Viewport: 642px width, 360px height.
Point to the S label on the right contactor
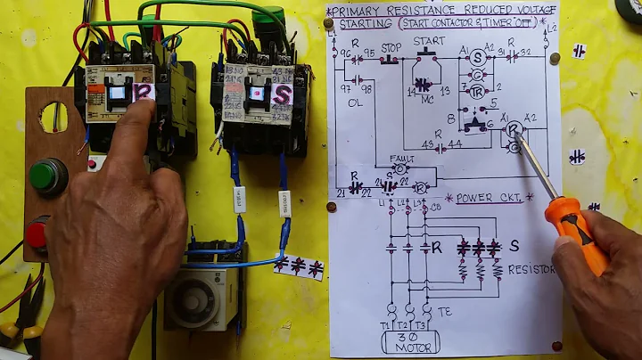click(282, 93)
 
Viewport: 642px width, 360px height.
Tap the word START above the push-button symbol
click(429, 40)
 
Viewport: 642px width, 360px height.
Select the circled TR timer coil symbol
click(477, 92)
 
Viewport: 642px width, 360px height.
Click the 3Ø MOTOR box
click(410, 341)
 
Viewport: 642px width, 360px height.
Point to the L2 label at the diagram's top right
click(551, 28)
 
